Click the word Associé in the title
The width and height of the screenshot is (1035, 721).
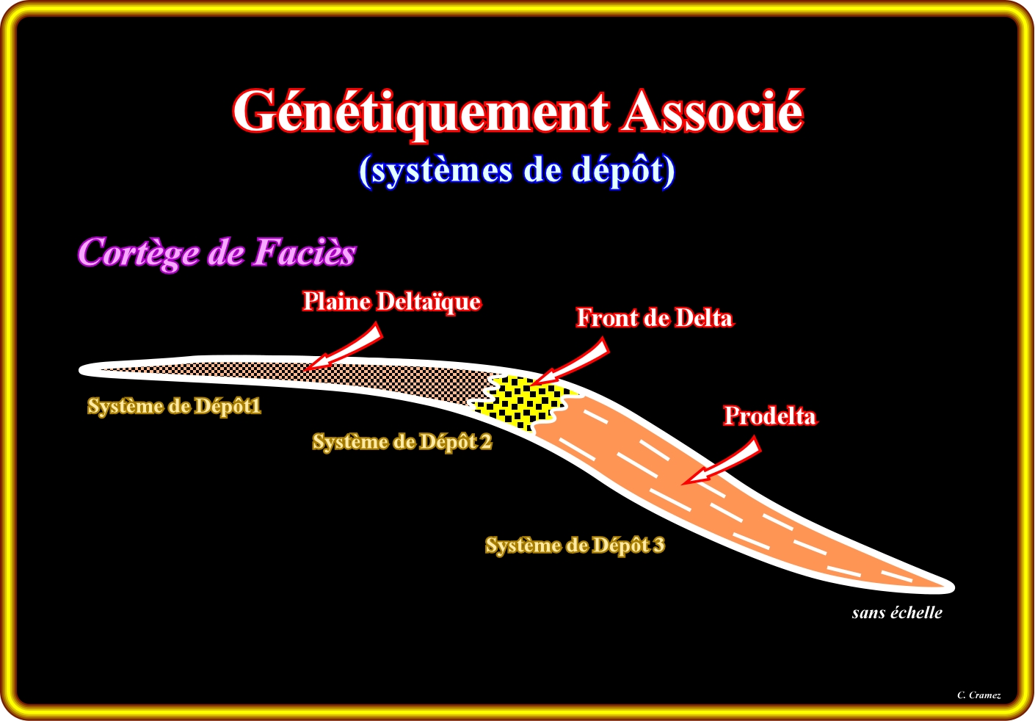pyautogui.click(x=712, y=112)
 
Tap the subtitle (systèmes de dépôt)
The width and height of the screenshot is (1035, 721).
pyautogui.click(x=517, y=170)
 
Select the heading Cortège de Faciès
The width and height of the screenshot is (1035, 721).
pyautogui.click(x=217, y=253)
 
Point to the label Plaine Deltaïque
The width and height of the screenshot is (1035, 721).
pyautogui.click(x=392, y=302)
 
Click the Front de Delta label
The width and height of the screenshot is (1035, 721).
pyautogui.click(x=654, y=318)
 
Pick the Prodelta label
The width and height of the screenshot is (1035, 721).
pyautogui.click(x=769, y=416)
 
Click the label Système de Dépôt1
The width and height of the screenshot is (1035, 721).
pyautogui.click(x=174, y=406)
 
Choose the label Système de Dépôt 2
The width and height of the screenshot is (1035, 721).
pyautogui.click(x=402, y=442)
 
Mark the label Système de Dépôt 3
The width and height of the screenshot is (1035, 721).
pyautogui.click(x=575, y=546)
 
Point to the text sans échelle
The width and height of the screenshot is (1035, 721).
pyautogui.click(x=896, y=613)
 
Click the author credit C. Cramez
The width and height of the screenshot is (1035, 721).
pyautogui.click(x=978, y=695)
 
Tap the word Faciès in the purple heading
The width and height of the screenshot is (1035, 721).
pyautogui.click(x=304, y=253)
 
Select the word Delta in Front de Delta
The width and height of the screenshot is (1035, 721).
pyautogui.click(x=703, y=318)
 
